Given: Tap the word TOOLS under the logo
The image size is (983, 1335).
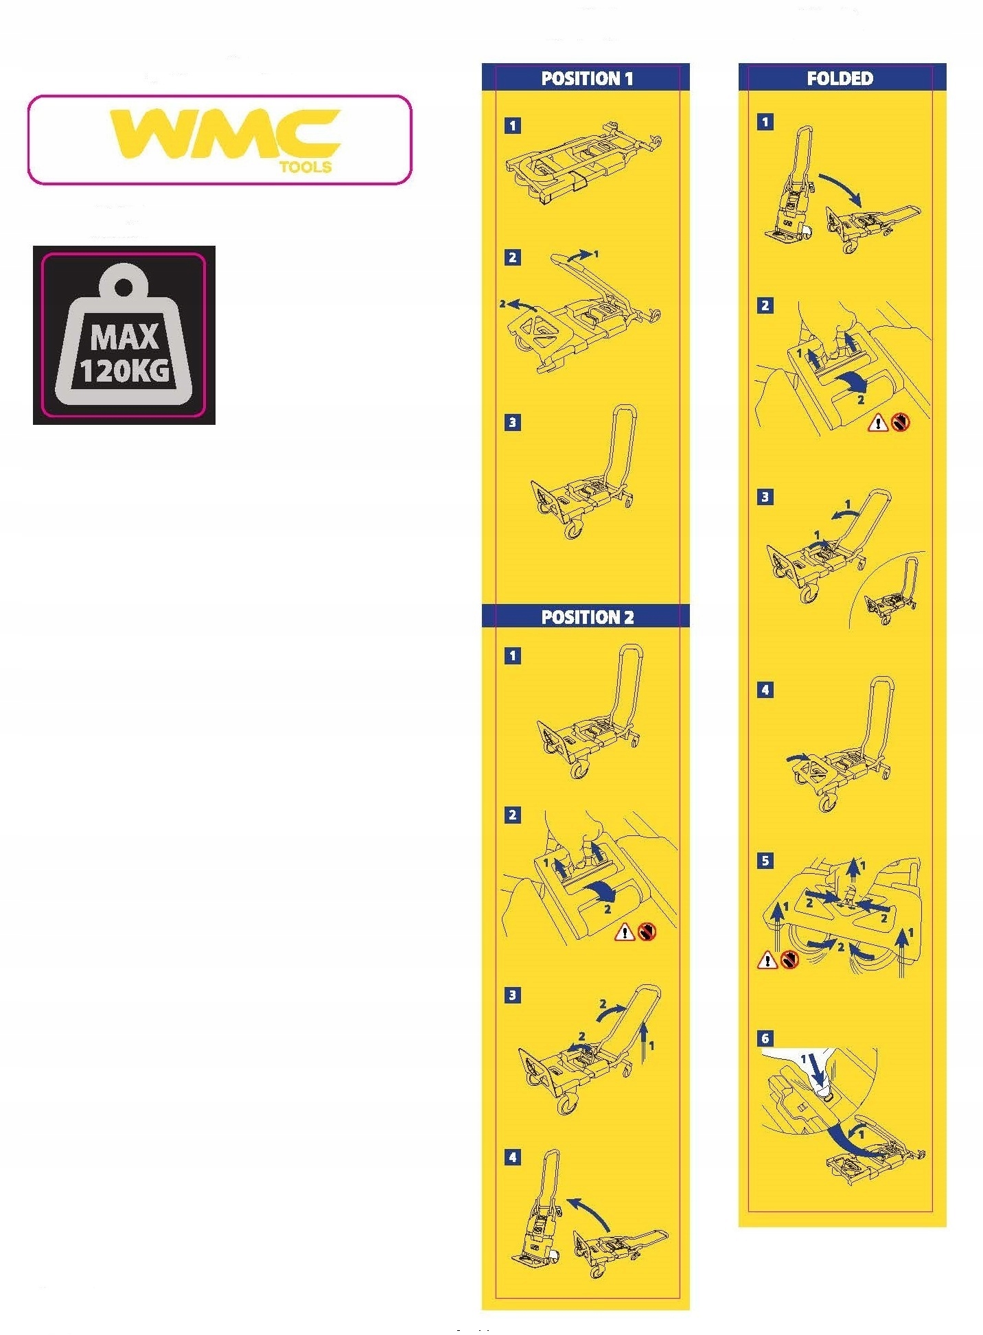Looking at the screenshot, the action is click(305, 167).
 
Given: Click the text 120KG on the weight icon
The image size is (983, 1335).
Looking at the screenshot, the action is click(124, 371).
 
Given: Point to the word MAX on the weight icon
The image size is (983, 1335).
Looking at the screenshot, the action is click(124, 338).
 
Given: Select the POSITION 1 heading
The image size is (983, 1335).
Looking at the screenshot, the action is click(587, 79).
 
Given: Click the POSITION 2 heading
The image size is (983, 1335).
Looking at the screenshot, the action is click(588, 617).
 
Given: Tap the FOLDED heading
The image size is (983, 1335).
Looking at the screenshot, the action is click(840, 78).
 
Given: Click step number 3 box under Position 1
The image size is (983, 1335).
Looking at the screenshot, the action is click(512, 422).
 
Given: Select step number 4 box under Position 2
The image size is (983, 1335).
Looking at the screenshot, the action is click(512, 1157).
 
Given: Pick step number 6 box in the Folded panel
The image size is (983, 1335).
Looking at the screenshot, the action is click(765, 1038).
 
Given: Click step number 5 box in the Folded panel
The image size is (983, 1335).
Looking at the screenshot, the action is click(765, 861).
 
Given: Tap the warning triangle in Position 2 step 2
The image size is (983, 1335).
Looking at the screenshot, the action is click(625, 931).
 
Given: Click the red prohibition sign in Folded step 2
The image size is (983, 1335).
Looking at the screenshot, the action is click(900, 422).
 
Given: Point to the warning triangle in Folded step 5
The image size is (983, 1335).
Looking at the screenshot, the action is click(767, 960).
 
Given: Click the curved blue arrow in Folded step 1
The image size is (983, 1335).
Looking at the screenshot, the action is click(840, 188).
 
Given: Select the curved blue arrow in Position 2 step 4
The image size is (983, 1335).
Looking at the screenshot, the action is click(589, 1214).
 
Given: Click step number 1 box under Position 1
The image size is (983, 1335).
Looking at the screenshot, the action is click(512, 126).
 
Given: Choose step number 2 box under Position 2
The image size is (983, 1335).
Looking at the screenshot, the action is click(512, 815).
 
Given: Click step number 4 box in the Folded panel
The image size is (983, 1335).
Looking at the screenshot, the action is click(765, 690).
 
